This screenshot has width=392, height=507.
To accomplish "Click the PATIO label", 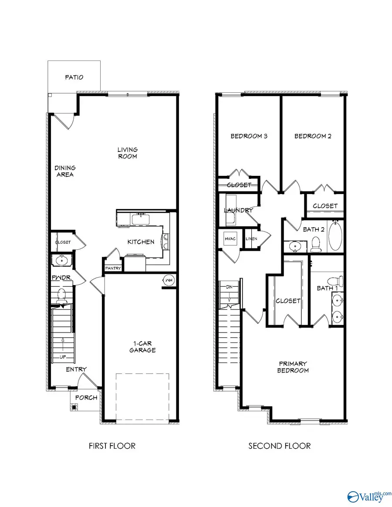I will coord(74,77).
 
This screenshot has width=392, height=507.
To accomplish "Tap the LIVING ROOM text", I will coord(127,153).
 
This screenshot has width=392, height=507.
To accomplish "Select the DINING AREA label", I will coord(64,171).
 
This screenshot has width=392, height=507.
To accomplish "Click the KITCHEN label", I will coord(140,242).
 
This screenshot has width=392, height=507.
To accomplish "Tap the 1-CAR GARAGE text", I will coord(142,346).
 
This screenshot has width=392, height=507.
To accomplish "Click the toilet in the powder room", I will coord(61,295).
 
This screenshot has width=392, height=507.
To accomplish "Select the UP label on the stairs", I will coord(63,357).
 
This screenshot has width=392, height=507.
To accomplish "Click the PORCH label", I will coord(86,397).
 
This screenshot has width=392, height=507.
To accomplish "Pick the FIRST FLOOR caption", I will coord(112,446).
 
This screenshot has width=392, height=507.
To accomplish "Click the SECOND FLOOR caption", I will coord(280,446).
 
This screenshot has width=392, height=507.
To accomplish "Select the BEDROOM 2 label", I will coord(313,136).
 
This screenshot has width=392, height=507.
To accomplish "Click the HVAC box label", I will coord(230,238).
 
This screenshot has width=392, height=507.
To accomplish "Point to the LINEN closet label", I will coord(251,239).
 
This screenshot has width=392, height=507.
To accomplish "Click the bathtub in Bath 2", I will coord(335,236).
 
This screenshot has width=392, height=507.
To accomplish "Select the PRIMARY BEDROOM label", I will coord(293,367).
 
